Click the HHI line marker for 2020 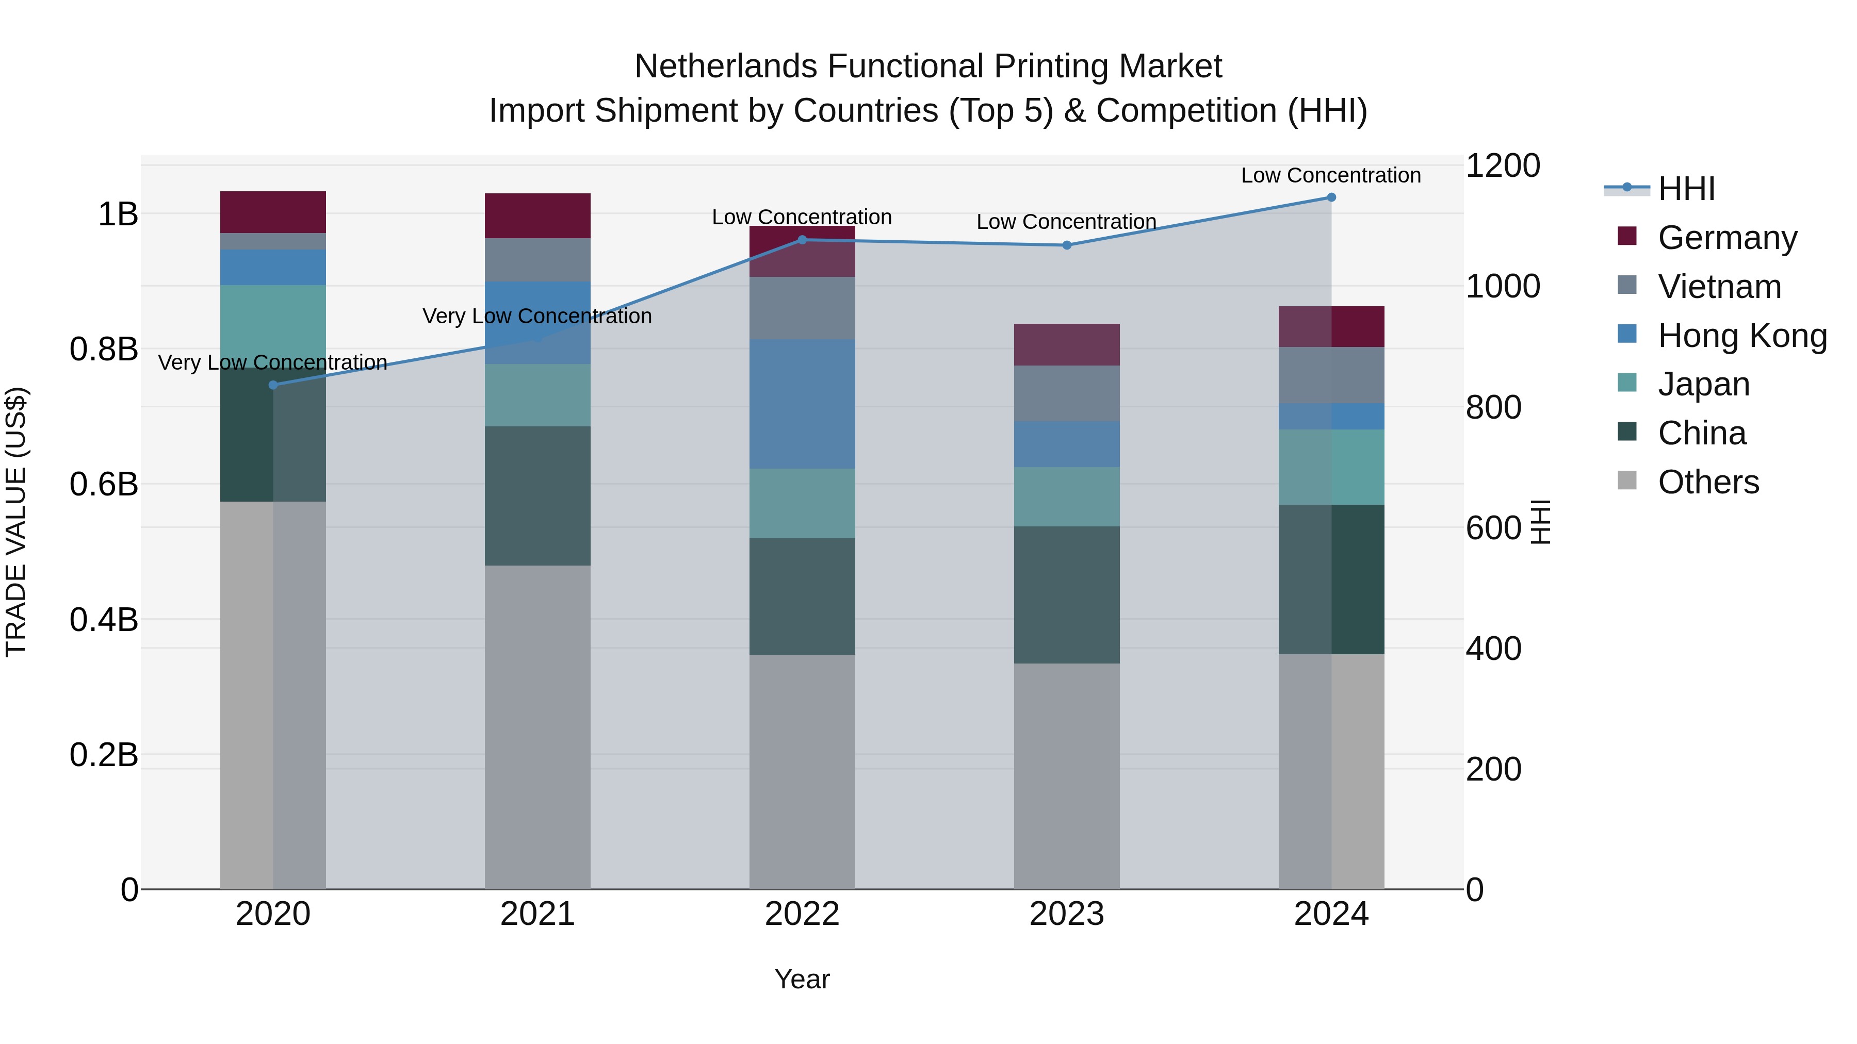tap(273, 385)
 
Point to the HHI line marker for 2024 tap(1331, 197)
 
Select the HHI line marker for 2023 tap(1067, 245)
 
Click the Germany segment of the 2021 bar tap(538, 216)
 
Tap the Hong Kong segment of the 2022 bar tap(802, 404)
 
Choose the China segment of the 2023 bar tap(1067, 594)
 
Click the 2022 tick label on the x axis tap(802, 914)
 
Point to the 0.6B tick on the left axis tap(104, 484)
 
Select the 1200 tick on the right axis tap(1502, 165)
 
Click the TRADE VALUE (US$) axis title tap(16, 522)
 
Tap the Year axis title tap(802, 979)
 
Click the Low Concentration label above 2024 tap(1331, 175)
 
